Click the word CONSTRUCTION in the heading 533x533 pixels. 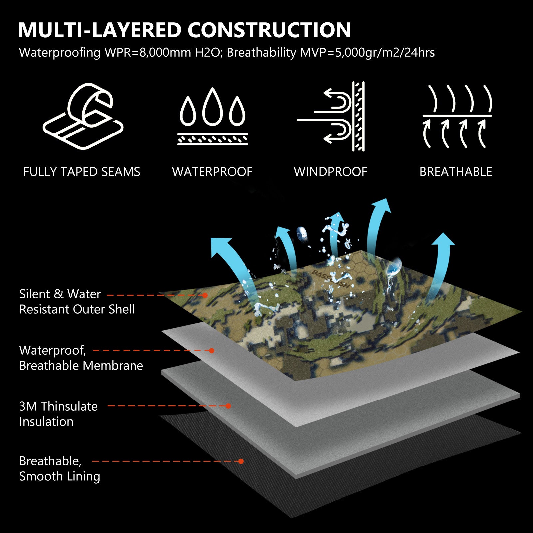click(269, 30)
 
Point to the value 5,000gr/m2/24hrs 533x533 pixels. click(385, 53)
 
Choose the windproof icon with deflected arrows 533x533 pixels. click(331, 116)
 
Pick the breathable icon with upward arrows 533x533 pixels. click(457, 116)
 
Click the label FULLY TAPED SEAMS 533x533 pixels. click(82, 172)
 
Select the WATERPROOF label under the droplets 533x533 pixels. click(212, 172)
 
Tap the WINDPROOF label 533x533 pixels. click(331, 172)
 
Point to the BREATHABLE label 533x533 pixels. click(456, 172)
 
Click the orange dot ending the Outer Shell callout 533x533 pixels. click(205, 295)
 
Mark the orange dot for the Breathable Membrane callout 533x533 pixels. click(211, 351)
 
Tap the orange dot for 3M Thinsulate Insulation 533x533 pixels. click(228, 406)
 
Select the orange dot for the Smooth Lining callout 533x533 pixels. click(241, 461)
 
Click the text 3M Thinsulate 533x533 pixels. click(58, 406)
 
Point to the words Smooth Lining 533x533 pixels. click(60, 476)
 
